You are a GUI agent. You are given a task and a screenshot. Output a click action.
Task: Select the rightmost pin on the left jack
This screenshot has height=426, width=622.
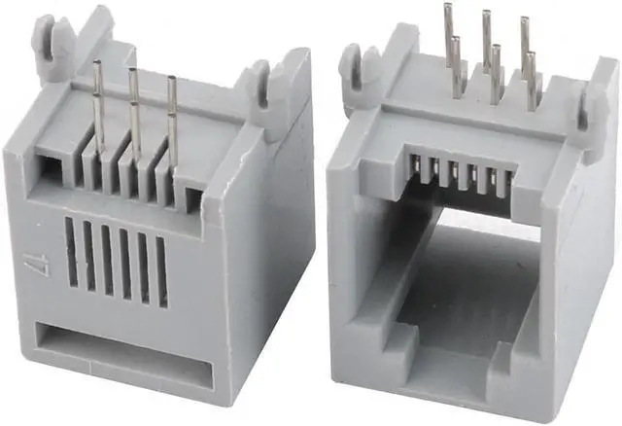coord(172,107)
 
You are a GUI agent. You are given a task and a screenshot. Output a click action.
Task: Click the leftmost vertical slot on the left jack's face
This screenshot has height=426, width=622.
coord(72,252)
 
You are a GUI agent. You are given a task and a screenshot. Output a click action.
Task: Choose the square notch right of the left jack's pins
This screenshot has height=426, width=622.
coord(193,198)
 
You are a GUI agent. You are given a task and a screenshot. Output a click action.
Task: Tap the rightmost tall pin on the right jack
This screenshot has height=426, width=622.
coord(525,49)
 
